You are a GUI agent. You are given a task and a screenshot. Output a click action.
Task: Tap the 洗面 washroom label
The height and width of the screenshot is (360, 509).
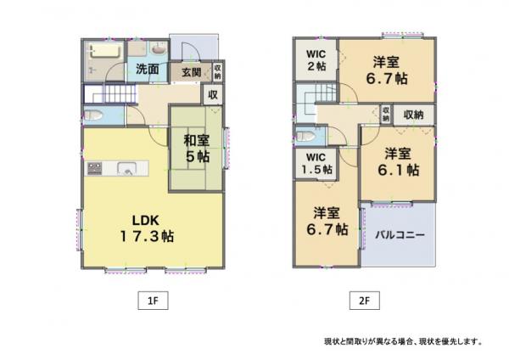(148, 69)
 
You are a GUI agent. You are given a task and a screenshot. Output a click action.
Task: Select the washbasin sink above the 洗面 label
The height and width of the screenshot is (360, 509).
(159, 49)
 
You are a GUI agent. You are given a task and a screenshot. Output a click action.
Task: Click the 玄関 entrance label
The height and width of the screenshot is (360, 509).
(191, 72)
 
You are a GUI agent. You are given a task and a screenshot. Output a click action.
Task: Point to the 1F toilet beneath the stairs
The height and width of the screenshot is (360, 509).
(94, 115)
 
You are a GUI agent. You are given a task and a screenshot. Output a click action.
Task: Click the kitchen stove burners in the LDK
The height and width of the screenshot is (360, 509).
(94, 168)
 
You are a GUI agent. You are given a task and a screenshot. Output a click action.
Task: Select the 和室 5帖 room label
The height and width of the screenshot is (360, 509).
(197, 148)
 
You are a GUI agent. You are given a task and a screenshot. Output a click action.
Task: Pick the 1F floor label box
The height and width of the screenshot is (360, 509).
(153, 301)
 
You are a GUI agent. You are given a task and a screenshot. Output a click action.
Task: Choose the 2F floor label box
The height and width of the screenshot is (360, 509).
(364, 301)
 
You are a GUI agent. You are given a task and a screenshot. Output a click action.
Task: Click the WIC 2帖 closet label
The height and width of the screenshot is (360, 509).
(316, 60)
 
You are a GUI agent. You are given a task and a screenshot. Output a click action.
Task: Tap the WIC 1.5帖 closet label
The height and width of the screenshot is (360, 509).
(316, 163)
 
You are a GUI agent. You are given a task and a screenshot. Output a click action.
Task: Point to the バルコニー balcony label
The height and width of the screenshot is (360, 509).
(400, 234)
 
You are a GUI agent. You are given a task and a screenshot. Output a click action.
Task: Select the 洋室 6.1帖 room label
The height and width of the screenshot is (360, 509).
(398, 162)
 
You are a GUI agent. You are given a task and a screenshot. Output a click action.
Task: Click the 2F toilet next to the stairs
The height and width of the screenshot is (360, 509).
(305, 136)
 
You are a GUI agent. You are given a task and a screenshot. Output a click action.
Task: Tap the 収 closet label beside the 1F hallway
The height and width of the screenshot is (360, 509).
(213, 94)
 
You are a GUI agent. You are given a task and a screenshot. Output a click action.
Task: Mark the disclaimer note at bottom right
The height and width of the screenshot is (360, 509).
(403, 341)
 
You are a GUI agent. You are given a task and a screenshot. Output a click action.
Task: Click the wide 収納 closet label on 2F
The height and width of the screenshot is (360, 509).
(414, 115)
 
